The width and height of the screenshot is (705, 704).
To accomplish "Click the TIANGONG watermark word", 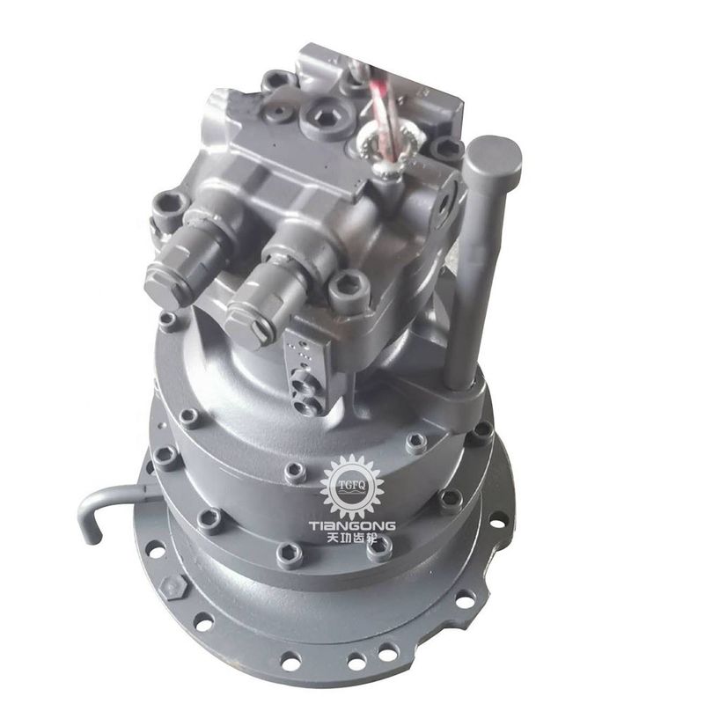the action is pos(352,525).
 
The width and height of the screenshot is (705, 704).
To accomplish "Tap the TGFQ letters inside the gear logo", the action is pos(352,485).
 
